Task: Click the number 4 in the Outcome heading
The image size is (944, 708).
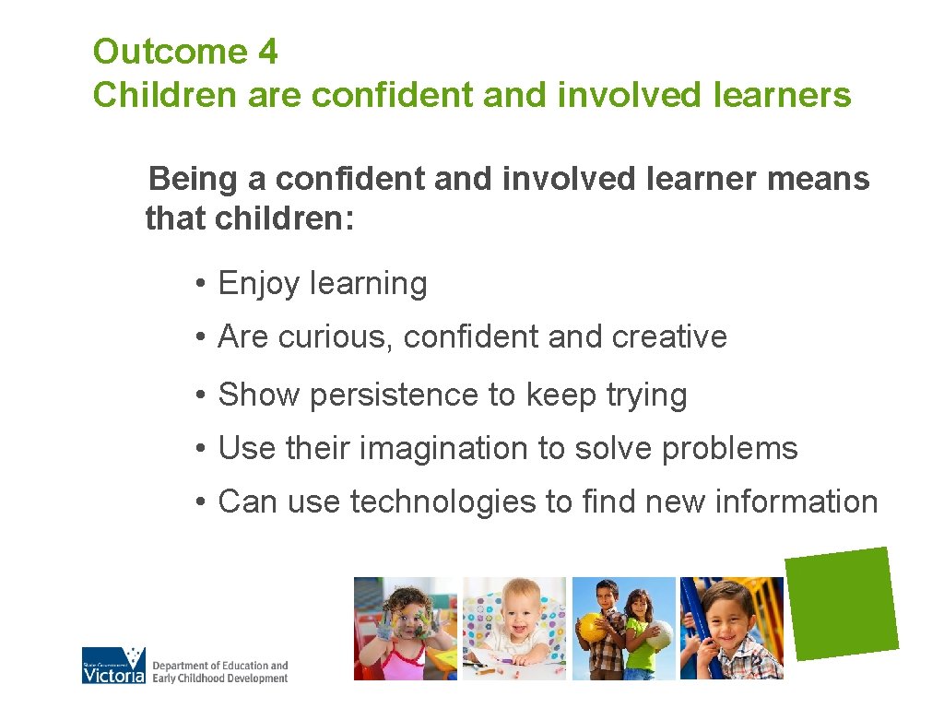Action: coord(267,52)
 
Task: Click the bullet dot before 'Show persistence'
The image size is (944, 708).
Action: coord(199,395)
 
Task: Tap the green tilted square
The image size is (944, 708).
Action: coord(843,603)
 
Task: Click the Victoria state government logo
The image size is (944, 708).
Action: coord(113,665)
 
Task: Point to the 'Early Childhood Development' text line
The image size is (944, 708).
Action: coord(219,678)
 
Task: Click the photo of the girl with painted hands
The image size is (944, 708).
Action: coord(406,629)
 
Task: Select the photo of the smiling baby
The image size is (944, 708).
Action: coord(514,629)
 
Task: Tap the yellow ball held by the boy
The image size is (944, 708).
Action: coord(591,627)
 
